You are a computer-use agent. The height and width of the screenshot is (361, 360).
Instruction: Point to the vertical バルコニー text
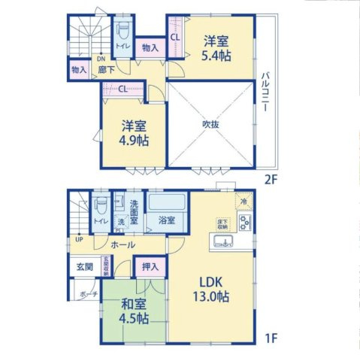[x=265, y=93]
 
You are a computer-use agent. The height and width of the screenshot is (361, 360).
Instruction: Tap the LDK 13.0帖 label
[x=214, y=289]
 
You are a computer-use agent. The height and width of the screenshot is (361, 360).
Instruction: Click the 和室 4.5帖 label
[x=132, y=311]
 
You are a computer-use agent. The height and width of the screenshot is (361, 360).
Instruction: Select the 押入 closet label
[x=150, y=267]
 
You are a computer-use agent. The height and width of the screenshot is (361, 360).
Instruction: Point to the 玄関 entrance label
[x=84, y=267]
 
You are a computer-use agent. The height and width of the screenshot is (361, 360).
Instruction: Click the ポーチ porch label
[x=88, y=295]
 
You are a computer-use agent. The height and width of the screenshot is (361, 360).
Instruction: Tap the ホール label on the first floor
[x=123, y=244]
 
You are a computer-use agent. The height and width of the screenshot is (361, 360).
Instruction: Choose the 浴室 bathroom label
[x=166, y=221]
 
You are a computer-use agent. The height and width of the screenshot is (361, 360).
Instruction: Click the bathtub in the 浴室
[x=166, y=205]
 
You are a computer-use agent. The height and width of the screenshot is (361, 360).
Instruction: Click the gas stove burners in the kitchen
[x=244, y=222]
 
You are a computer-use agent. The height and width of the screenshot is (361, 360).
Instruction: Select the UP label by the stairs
[x=78, y=240]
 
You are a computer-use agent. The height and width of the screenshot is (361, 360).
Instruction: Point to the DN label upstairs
[x=100, y=59]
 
